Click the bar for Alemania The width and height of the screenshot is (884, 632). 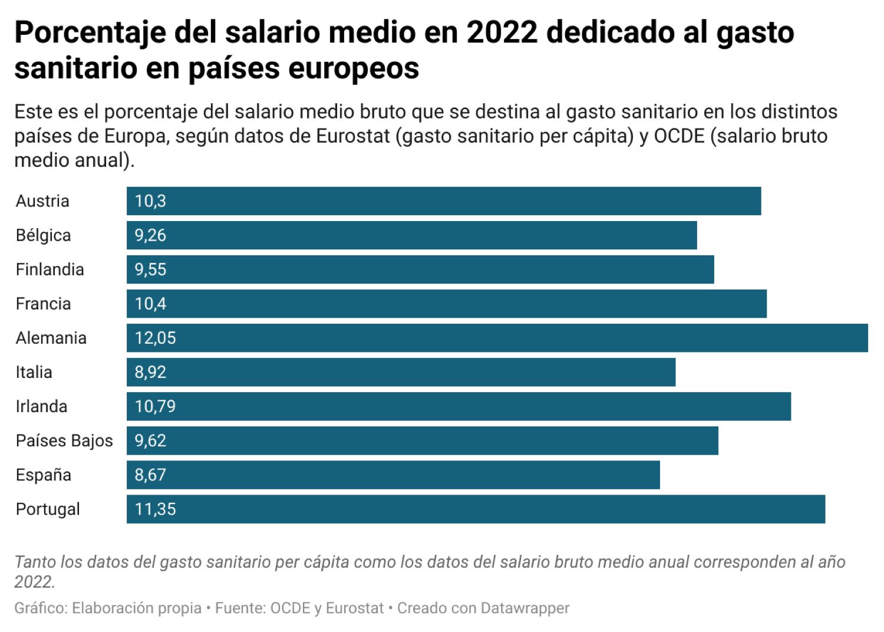(x=497, y=338)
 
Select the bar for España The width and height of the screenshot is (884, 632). (x=393, y=475)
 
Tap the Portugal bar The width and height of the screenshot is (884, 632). (x=476, y=509)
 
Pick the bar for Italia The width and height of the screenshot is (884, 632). (x=401, y=372)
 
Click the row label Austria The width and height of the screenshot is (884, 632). (x=42, y=201)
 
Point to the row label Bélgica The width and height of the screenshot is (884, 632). (x=43, y=235)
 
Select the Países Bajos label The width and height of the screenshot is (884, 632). (x=64, y=440)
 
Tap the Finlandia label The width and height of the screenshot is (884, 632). (x=50, y=269)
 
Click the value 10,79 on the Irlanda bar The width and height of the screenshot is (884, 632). (x=155, y=406)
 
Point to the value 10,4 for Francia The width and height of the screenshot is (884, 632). (x=150, y=304)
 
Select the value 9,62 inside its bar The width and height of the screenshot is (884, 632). (x=150, y=440)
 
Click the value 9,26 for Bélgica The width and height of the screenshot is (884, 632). (x=150, y=235)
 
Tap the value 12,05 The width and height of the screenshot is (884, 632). (x=155, y=338)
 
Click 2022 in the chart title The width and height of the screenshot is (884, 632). (x=502, y=32)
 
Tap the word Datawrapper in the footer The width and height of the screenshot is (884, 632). (x=525, y=608)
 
